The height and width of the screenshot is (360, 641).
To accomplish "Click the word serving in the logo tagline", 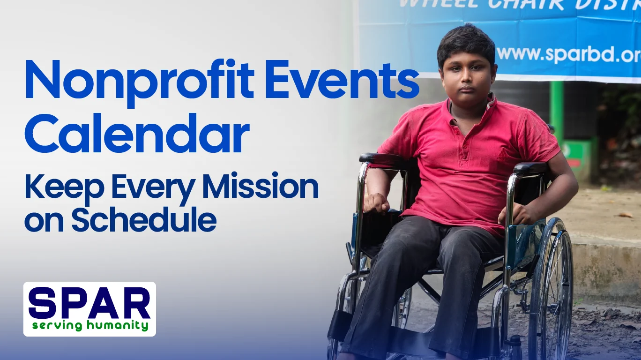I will (x=58, y=325).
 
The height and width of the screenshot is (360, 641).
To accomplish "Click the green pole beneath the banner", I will (x=556, y=112).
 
